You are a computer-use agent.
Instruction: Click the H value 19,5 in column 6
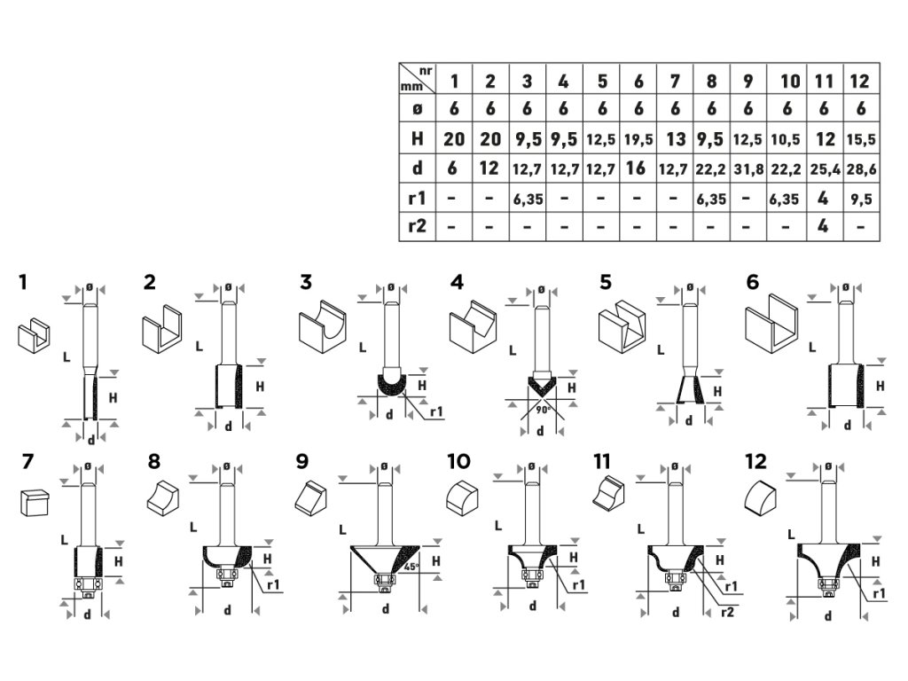coord(638,139)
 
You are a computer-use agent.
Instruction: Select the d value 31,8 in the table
coord(748,168)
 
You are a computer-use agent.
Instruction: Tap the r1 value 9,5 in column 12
coord(859,199)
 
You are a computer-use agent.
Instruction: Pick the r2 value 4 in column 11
coord(823,226)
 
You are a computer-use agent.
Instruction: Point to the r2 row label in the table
coord(417,226)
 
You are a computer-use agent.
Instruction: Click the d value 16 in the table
coord(638,168)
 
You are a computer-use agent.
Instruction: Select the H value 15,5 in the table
coord(859,139)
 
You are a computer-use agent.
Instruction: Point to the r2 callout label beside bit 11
coord(727,611)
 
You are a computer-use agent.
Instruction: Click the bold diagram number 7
coord(27,461)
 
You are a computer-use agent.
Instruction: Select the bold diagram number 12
coord(756,461)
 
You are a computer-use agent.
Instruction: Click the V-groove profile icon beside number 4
coord(469,325)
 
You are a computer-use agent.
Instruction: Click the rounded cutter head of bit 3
coord(391,384)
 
